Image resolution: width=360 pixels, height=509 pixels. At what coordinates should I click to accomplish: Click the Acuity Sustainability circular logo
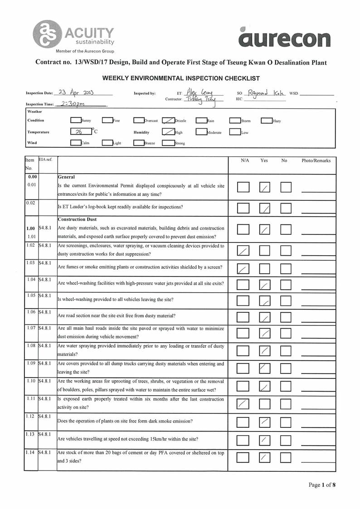[46, 34]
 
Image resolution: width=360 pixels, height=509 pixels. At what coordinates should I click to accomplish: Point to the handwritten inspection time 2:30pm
[74, 103]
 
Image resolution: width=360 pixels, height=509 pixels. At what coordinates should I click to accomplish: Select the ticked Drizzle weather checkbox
[168, 121]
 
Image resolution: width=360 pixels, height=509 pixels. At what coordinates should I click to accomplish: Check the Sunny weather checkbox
[76, 121]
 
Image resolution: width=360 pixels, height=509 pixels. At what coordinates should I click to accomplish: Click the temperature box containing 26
[81, 132]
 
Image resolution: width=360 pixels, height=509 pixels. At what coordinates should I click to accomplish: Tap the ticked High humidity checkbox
[168, 132]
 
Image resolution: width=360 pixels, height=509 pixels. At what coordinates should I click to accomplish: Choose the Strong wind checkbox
[168, 143]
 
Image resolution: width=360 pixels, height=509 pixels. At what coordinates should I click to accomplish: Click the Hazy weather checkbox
[266, 121]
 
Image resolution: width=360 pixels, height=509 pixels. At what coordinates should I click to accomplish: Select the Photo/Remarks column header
[316, 160]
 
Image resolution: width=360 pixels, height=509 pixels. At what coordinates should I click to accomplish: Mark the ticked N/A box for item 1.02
[243, 250]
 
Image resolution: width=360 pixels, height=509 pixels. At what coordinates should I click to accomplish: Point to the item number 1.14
[31, 452]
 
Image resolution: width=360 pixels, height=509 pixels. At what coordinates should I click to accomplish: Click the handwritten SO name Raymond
[259, 92]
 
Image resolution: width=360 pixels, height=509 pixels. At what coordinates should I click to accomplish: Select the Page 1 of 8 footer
[322, 485]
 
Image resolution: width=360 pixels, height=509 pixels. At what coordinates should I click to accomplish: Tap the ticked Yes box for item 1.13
[265, 440]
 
